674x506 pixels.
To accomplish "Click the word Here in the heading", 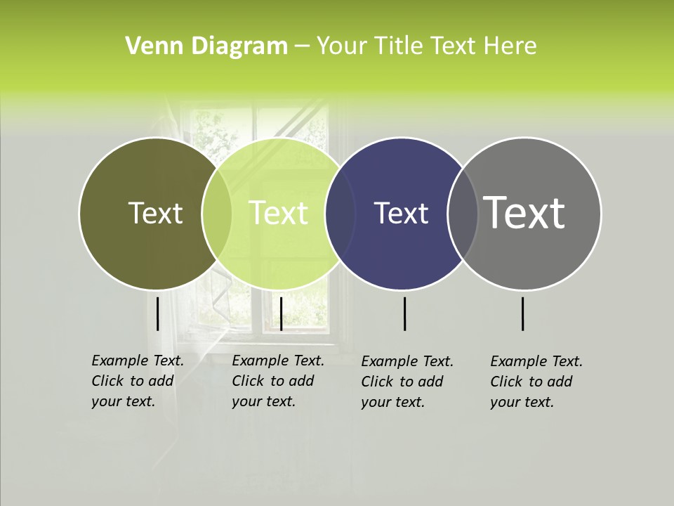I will (509, 46).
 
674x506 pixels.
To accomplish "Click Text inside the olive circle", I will (155, 213).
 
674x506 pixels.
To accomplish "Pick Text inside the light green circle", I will (279, 213).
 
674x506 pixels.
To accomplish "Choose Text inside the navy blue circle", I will (401, 213).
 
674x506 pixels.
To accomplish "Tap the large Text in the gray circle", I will (524, 212).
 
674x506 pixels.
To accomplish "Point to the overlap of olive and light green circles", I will (217, 214).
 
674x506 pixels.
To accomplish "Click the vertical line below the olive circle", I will (158, 313).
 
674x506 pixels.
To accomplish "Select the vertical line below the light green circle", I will (281, 313).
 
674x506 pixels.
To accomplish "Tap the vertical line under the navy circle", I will (405, 313).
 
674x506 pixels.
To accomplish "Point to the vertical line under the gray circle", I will (523, 313).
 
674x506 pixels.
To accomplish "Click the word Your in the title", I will (342, 46).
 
